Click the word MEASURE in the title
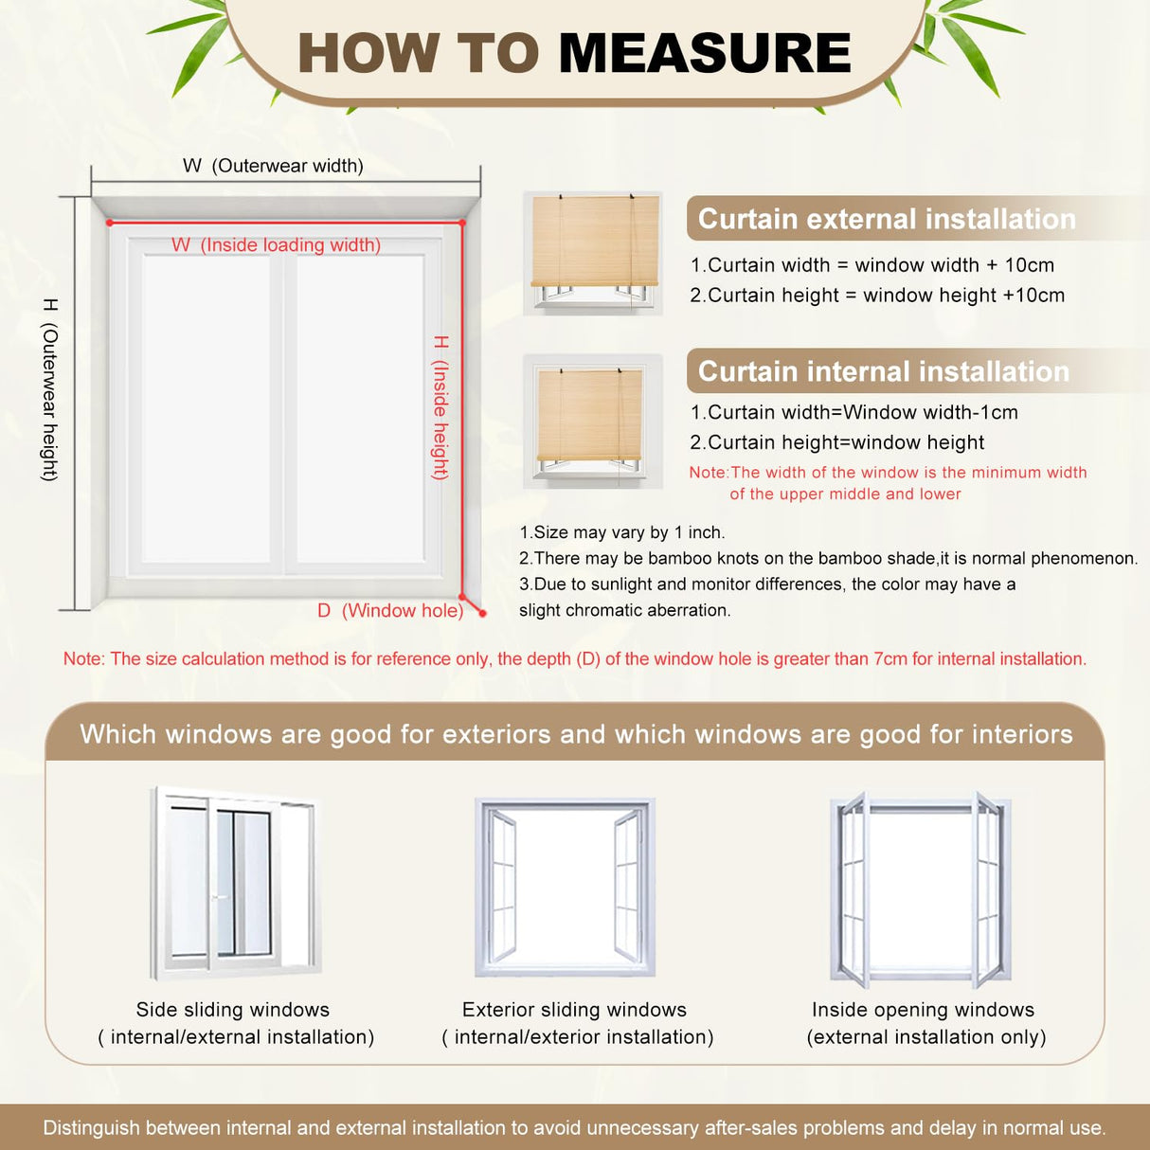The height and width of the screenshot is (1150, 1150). [x=705, y=53]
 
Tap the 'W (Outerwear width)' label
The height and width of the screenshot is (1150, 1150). [x=273, y=166]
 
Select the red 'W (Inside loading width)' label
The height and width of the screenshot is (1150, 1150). [x=276, y=245]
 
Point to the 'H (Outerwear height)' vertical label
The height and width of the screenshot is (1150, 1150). [x=50, y=389]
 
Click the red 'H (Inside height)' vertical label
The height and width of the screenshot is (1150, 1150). [x=440, y=407]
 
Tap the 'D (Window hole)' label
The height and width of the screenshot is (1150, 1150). [x=390, y=611]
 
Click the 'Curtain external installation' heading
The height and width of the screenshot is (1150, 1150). [x=887, y=219]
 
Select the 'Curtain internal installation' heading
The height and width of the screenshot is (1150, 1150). [x=883, y=371]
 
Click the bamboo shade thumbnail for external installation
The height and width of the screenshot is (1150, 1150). [x=594, y=252]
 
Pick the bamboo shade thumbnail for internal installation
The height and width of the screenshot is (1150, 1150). [x=592, y=422]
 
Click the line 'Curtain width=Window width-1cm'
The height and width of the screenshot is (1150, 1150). [x=854, y=412]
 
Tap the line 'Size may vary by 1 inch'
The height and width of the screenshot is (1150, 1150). [x=621, y=532]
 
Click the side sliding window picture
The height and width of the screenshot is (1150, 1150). [x=234, y=883]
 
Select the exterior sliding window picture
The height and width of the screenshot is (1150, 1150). [x=566, y=887]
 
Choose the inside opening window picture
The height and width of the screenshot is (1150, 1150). [x=921, y=889]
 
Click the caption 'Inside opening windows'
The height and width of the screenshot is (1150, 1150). [x=923, y=1010]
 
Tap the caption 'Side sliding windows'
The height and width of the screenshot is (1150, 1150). [x=233, y=1010]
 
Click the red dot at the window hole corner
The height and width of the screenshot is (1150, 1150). [x=482, y=614]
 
